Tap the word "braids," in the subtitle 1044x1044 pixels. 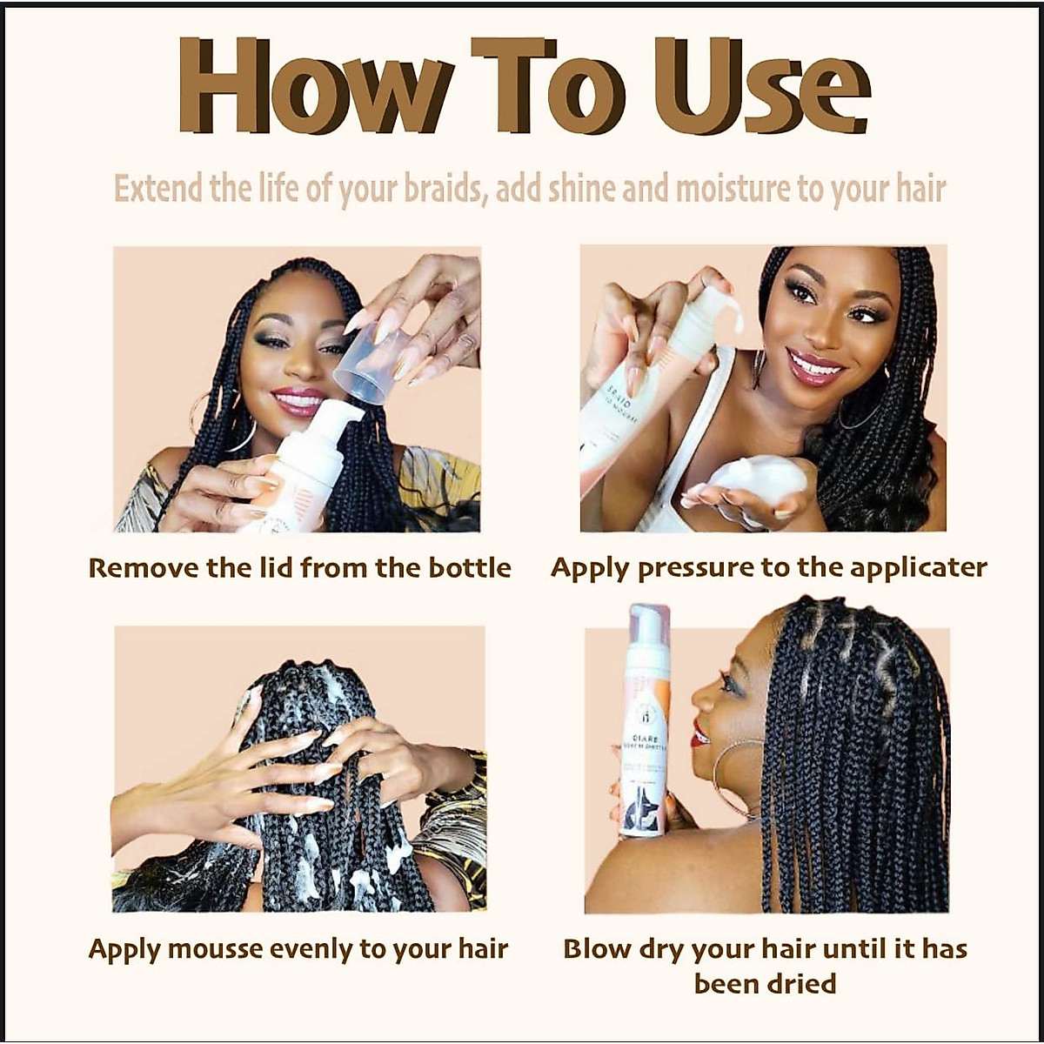[x=444, y=190]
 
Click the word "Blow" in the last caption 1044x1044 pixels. [x=595, y=948]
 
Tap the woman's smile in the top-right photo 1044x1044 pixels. [x=814, y=365]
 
